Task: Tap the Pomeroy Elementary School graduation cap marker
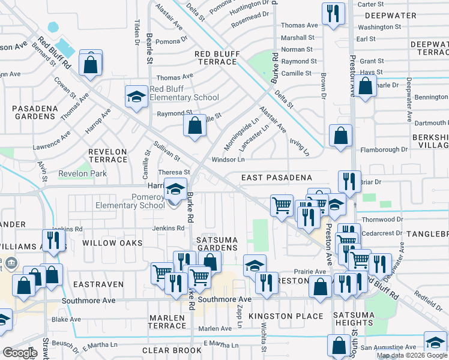[x=175, y=191]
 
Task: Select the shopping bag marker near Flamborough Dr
[x=340, y=136]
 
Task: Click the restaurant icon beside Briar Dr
[x=349, y=181]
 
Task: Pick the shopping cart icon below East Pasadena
[x=281, y=206]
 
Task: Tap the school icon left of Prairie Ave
[x=255, y=265]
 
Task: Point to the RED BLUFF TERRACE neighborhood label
[x=217, y=58]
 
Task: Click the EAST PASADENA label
[x=277, y=178]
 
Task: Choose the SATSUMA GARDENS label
[x=217, y=244]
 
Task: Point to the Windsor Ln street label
[x=228, y=160]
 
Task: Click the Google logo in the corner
[x=20, y=353]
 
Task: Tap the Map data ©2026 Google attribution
[x=411, y=355]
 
